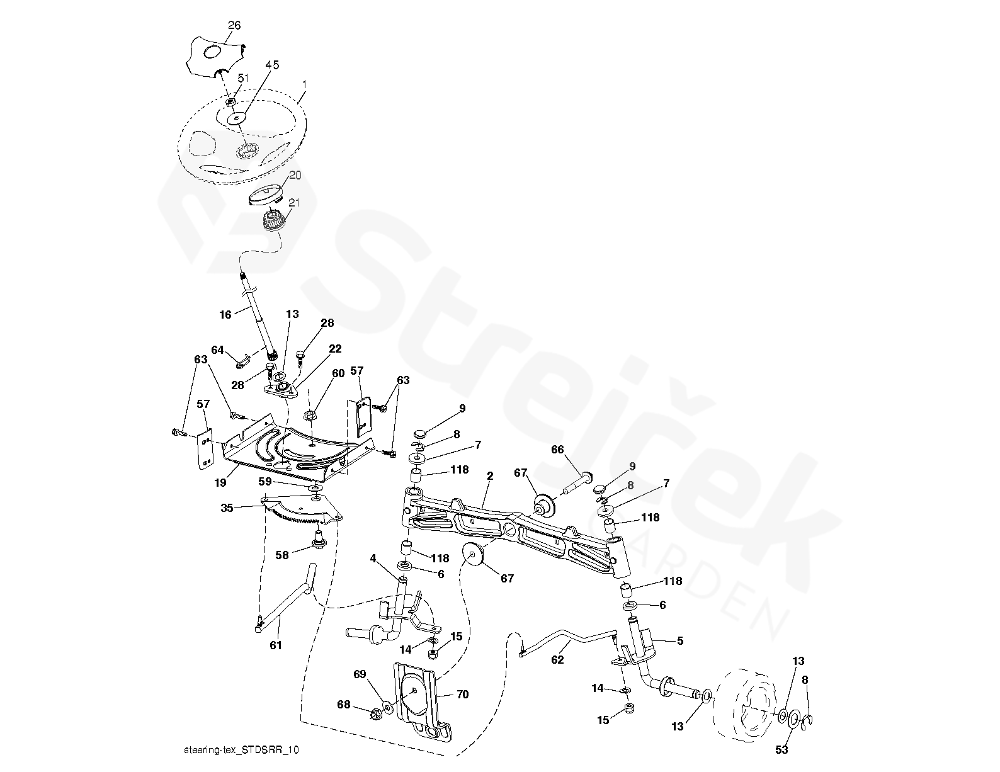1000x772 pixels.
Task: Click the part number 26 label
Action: [x=234, y=26]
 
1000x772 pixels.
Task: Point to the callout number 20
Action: [x=295, y=175]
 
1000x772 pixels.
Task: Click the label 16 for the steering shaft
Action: [x=226, y=314]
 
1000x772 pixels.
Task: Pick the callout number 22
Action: [x=335, y=349]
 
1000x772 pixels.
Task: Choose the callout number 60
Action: [x=338, y=373]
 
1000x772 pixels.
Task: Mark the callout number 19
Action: [x=220, y=482]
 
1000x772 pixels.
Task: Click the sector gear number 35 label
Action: [x=227, y=506]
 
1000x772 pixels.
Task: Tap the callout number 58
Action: [x=283, y=555]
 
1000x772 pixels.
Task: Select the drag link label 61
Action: [x=276, y=645]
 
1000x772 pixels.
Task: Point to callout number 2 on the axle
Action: [x=489, y=477]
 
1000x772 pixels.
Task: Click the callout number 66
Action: [x=557, y=450]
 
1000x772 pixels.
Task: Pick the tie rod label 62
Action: [x=557, y=660]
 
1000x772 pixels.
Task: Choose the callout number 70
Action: [x=463, y=695]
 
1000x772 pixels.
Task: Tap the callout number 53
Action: [x=781, y=749]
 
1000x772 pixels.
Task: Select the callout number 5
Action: [x=679, y=641]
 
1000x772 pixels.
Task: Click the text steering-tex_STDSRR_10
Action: [x=241, y=749]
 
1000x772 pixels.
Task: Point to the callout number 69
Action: [x=360, y=674]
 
